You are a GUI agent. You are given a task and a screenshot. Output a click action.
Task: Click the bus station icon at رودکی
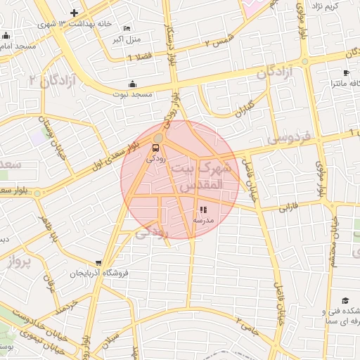pos(155,148)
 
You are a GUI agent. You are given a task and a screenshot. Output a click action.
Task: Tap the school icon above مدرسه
pos(203,210)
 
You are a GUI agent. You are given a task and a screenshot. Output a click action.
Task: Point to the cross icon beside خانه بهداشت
pos(75,13)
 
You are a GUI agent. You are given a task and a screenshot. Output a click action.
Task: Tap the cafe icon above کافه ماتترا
pos(346,73)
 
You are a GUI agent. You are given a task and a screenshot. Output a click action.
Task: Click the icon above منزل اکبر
pos(127,28)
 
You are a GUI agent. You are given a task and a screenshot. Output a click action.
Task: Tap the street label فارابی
pos(289,208)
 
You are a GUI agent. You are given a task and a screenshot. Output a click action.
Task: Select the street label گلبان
pos(240,107)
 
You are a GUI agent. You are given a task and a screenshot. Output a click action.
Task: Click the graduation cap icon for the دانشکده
pos(345,300)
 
